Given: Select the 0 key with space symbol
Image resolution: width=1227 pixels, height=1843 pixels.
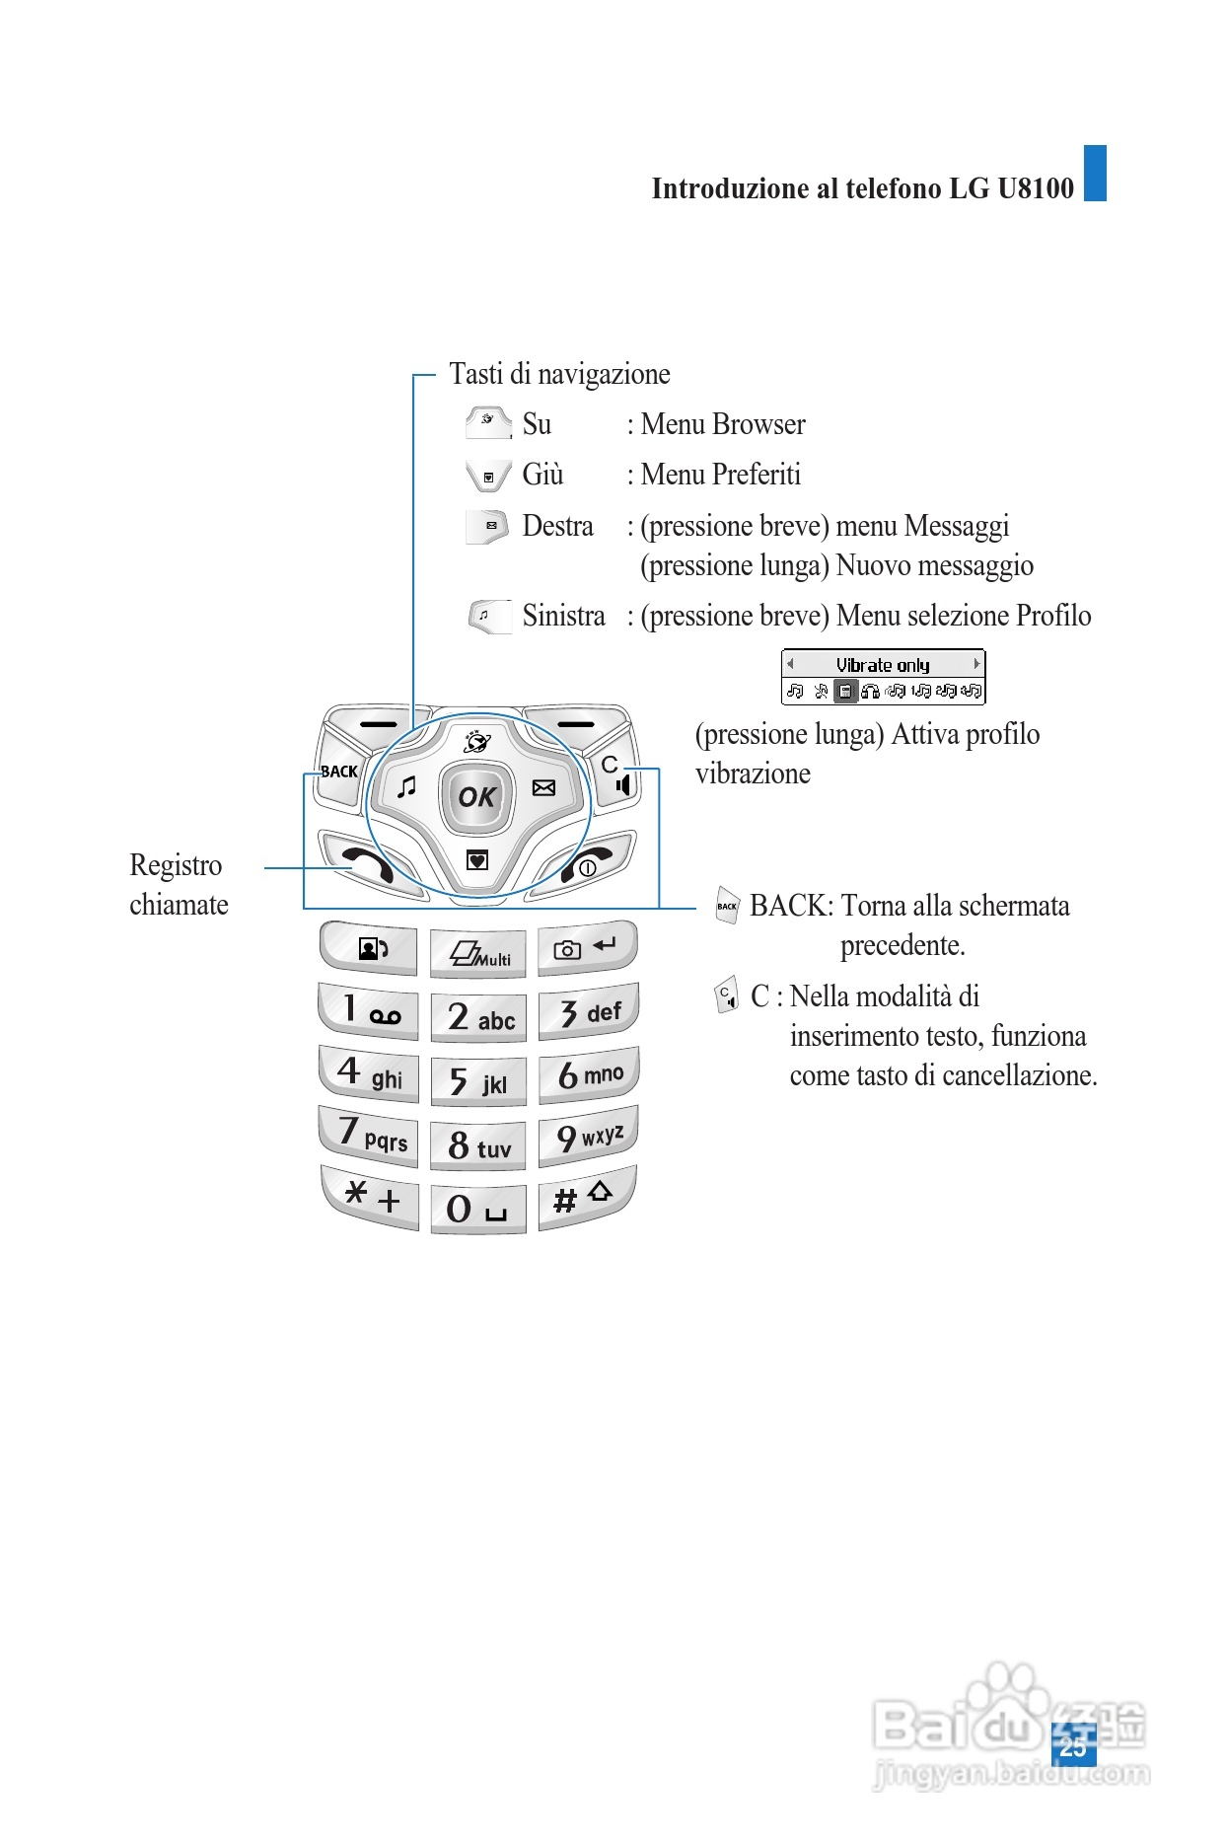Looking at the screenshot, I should point(477,1208).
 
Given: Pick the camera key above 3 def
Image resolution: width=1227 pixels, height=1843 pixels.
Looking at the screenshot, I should point(586,948).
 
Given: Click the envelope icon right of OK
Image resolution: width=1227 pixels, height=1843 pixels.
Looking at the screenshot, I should point(543,787).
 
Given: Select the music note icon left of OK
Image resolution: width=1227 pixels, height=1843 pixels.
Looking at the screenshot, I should point(406,787).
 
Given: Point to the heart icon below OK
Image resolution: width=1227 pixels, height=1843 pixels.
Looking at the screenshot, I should point(477,860).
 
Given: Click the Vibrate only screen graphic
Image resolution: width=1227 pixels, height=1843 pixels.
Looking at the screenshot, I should point(883,677).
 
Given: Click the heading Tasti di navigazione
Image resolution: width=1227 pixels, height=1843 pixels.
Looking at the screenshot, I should point(559,374).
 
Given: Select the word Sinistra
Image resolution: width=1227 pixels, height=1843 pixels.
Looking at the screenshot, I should point(563,616).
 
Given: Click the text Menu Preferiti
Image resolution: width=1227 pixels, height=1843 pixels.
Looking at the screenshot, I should point(720,475).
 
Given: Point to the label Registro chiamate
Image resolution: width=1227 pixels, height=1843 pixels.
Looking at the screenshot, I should point(179,885).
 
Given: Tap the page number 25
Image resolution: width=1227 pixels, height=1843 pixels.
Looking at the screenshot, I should point(1072,1746).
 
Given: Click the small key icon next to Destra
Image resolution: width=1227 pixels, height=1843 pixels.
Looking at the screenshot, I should point(488,526).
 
